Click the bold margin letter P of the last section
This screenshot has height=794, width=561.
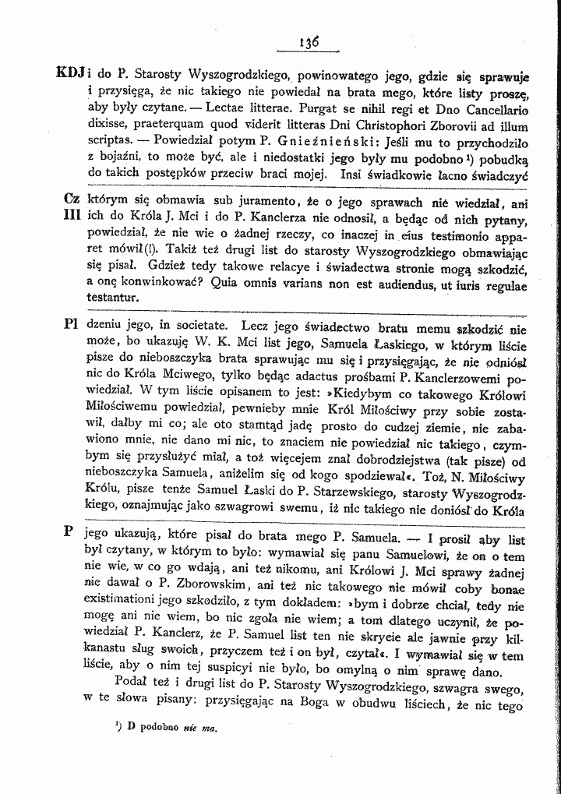coord(69,530)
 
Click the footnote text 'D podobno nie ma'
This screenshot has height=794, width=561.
coord(164,729)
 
